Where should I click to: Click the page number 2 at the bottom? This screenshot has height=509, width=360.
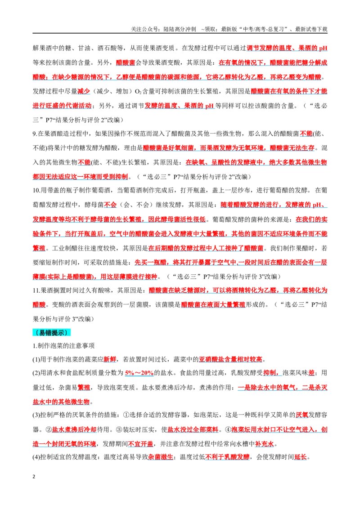click(34, 477)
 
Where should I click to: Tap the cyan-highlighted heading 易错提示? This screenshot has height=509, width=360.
click(51, 333)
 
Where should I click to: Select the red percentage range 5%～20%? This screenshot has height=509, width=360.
click(139, 373)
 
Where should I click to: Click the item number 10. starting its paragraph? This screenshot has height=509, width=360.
click(37, 191)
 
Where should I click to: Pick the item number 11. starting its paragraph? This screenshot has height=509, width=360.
click(36, 290)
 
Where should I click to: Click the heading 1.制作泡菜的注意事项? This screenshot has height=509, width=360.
click(64, 346)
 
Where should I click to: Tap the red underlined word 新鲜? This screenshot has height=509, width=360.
click(110, 359)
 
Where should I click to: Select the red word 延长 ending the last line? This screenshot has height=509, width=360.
click(301, 457)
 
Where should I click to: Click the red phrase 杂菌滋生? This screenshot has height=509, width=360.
click(161, 457)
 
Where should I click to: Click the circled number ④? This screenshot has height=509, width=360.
click(228, 430)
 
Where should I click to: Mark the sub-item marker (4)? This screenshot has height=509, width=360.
click(36, 457)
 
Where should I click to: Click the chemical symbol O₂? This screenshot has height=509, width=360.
click(138, 92)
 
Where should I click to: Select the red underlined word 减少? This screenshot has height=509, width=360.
click(84, 92)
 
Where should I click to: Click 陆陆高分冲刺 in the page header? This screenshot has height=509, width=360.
click(180, 29)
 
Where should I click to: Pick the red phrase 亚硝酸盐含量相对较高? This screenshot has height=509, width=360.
click(230, 359)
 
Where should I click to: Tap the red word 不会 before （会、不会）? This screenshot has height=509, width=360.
click(110, 205)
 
